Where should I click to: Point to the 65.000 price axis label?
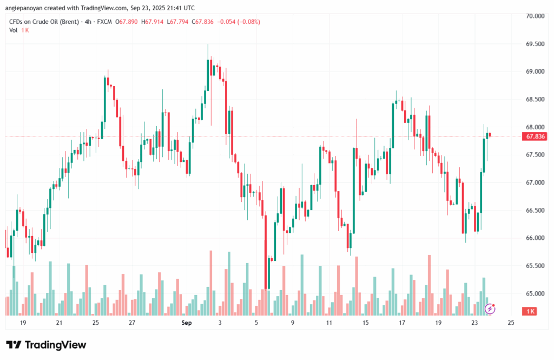point(535,294)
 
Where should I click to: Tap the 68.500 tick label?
point(535,100)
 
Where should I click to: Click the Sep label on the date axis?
point(187,323)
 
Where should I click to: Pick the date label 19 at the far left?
point(23,323)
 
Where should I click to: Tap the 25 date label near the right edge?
point(511,323)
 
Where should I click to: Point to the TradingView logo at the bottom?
point(46,345)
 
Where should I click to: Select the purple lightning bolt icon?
point(490,309)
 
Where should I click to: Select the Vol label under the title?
point(14,30)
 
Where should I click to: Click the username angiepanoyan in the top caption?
point(25,8)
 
